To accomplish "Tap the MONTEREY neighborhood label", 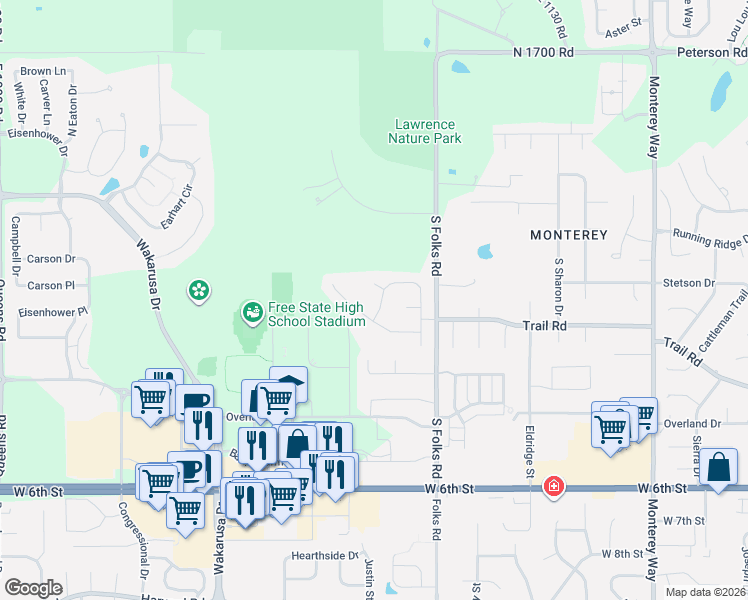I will coord(568,235).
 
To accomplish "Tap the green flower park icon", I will coord(199,291).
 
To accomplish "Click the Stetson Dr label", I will coord(688,283).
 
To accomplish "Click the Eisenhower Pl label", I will coord(49,311).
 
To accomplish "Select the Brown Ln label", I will coord(43,71).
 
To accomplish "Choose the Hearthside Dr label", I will coord(324,555).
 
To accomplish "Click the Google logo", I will coord(33,588).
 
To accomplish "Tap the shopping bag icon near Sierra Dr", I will coord(719,467).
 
